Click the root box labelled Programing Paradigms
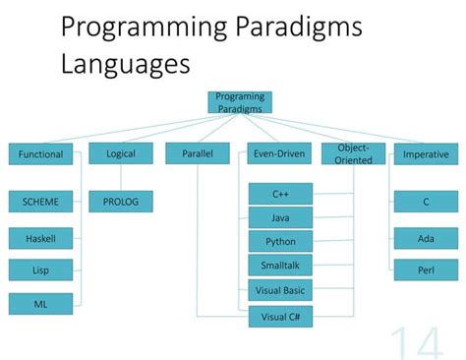click(x=240, y=102)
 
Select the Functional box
click(x=40, y=153)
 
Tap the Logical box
click(x=121, y=153)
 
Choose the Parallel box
click(x=198, y=153)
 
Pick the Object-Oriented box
click(x=353, y=153)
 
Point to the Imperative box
click(x=426, y=153)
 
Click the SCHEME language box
click(x=40, y=202)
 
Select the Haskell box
click(x=40, y=237)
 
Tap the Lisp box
click(x=40, y=270)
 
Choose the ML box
click(x=40, y=304)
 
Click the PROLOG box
click(x=121, y=202)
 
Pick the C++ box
click(x=280, y=194)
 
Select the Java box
click(x=280, y=217)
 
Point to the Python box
click(x=280, y=241)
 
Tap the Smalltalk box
click(x=280, y=265)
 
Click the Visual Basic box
click(x=280, y=290)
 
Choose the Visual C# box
click(x=280, y=316)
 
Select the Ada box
click(x=426, y=237)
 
